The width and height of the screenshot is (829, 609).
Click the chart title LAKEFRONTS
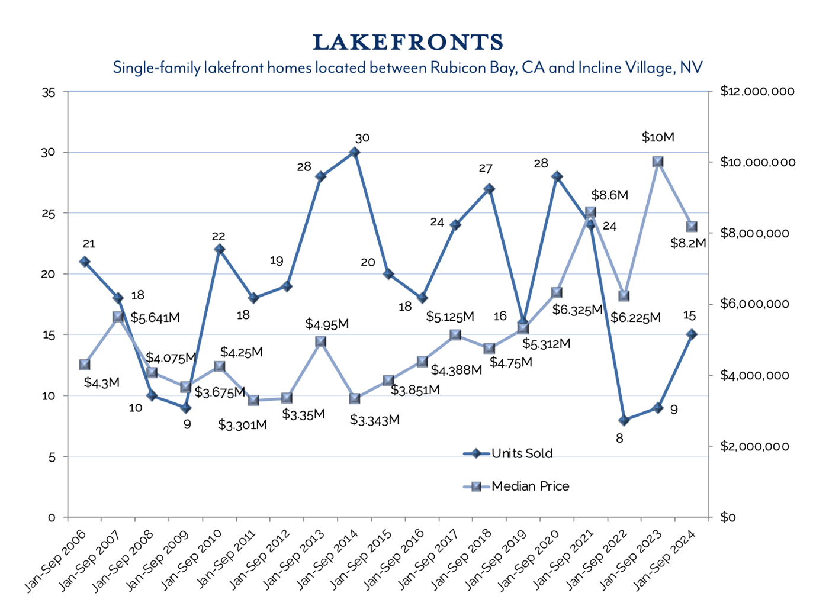tap(408, 43)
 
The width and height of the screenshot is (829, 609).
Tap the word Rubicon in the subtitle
tap(457, 67)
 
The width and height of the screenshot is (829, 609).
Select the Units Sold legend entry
tap(522, 453)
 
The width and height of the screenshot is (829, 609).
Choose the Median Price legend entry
tap(530, 486)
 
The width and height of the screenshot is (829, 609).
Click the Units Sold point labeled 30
tap(355, 152)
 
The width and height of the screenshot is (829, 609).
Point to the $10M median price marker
tap(657, 162)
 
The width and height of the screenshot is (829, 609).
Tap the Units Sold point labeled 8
tap(624, 420)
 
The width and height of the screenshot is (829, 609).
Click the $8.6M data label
tap(609, 195)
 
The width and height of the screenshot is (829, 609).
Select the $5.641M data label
tap(155, 318)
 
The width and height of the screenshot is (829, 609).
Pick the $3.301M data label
tap(242, 424)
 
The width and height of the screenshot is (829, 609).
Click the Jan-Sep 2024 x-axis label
tap(672, 559)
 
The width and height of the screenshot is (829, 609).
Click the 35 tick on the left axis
tap(49, 92)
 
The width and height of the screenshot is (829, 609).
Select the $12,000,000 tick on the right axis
tap(757, 91)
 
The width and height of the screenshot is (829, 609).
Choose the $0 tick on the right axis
tap(728, 517)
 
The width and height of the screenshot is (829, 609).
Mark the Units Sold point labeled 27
tap(489, 189)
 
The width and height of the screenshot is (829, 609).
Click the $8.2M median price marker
tap(691, 227)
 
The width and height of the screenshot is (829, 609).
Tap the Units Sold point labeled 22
tap(219, 249)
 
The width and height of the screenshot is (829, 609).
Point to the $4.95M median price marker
tap(321, 341)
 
